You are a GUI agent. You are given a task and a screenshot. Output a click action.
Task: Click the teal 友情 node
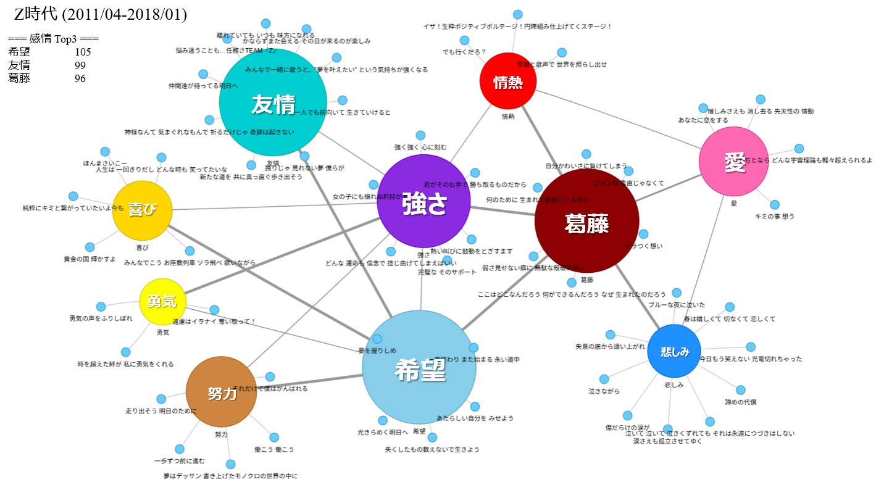272,103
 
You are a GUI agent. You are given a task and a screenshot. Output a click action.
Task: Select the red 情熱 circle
508,81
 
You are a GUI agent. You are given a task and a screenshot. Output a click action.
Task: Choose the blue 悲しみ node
674,351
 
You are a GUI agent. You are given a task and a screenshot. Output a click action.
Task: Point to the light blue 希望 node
419,367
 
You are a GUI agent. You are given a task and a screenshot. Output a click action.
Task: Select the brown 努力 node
221,391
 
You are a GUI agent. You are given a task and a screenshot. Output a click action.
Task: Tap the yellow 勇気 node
162,301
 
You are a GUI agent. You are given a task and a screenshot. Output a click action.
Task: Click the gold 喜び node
142,210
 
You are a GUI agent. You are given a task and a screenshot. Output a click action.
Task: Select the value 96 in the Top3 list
80,78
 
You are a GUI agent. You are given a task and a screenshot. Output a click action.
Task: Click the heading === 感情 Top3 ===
53,39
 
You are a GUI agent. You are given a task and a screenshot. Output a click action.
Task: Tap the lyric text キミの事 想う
775,216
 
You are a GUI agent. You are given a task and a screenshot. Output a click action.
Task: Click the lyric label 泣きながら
604,391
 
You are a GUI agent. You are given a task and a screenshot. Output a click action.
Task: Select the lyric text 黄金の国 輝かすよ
90,259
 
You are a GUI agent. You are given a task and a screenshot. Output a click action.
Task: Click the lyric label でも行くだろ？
464,51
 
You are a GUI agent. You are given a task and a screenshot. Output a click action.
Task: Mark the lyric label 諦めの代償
741,402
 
